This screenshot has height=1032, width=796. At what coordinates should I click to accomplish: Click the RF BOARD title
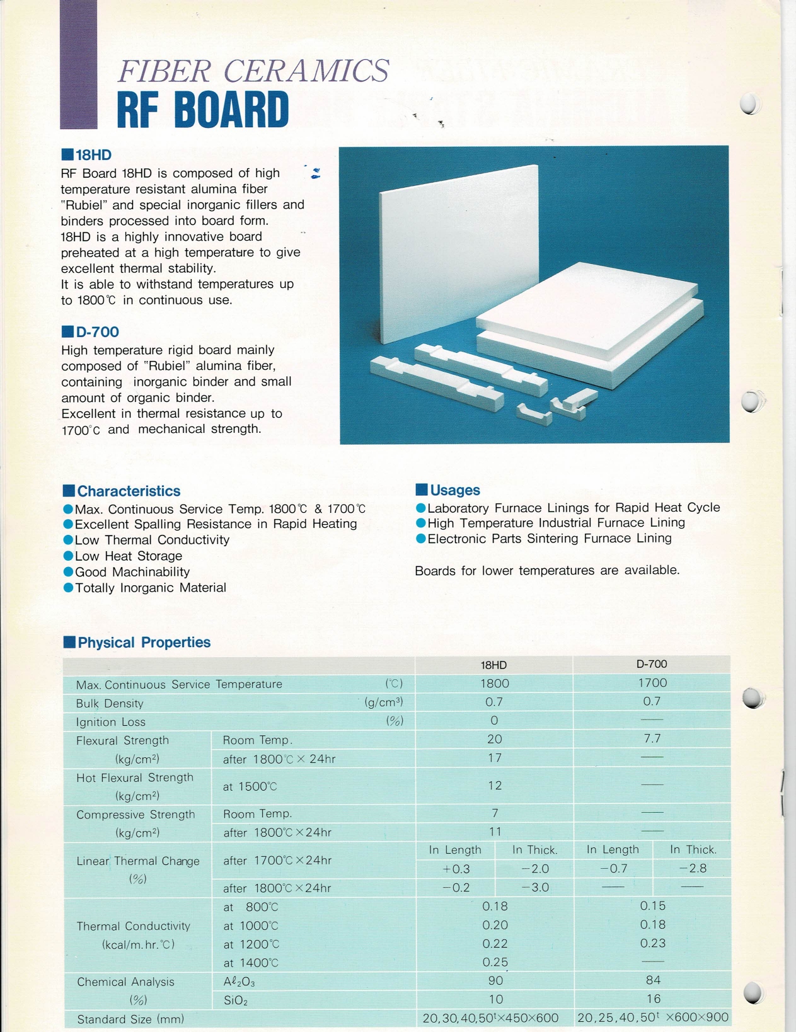pos(203,110)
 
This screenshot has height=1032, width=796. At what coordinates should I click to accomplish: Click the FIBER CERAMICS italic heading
pos(253,71)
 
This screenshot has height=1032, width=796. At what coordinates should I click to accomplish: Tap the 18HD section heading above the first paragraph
pos(93,155)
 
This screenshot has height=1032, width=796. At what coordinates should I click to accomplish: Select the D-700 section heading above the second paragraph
pos(96,332)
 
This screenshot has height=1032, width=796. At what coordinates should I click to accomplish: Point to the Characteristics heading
pos(129,491)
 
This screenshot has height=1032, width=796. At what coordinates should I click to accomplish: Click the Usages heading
pos(454,490)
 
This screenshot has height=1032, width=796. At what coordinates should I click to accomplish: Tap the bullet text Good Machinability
pos(132,572)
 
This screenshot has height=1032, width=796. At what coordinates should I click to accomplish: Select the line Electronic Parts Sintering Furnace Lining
pos(550,539)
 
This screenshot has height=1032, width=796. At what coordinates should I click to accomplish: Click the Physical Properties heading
pos(144,643)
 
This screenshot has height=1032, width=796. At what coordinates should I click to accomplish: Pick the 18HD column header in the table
pos(493,665)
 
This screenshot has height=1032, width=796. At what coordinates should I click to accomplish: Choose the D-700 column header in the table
pos(652,664)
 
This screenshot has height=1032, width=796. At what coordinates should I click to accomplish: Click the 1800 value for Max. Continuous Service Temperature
pos(494,684)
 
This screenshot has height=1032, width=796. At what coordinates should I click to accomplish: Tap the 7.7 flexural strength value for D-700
pos(652,738)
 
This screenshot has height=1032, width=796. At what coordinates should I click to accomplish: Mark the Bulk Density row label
pos(110,703)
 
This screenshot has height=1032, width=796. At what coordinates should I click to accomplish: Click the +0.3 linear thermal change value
pos(456,869)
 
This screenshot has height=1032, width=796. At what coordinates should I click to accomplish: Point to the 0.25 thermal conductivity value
pos(495,962)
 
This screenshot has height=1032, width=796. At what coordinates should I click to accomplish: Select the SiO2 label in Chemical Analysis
pos(236,1000)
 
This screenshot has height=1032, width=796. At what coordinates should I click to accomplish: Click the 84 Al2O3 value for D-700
pos(653,980)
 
